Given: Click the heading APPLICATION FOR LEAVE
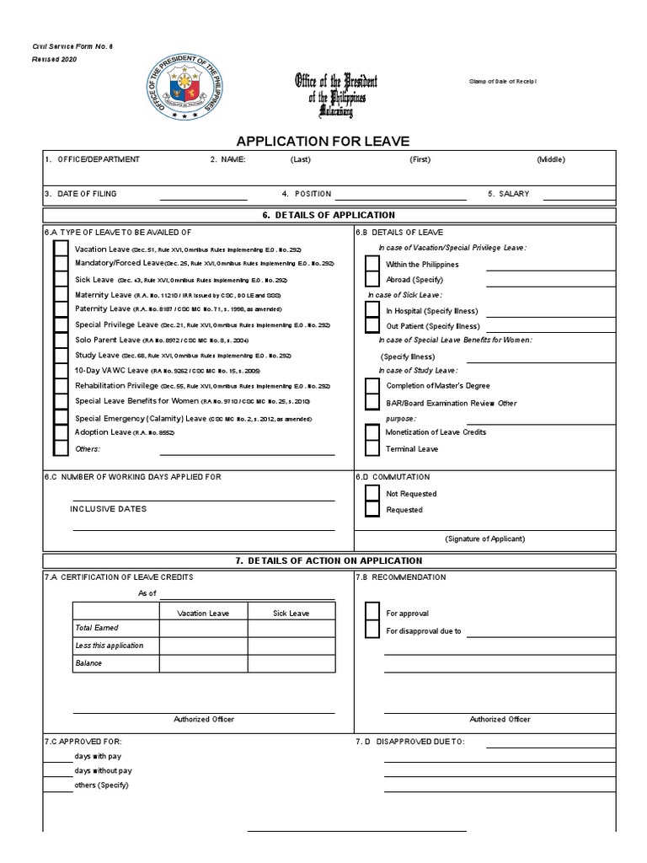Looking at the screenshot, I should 323,142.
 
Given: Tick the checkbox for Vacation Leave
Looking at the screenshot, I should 61,249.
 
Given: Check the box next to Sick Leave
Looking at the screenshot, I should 61,279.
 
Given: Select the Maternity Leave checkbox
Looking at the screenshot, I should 61,295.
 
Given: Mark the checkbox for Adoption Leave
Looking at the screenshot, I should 61,432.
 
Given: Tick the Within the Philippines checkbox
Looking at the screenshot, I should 372,264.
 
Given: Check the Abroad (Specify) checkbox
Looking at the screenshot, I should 372,279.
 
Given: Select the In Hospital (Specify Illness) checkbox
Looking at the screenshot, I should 372,310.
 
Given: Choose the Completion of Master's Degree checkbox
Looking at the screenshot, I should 372,385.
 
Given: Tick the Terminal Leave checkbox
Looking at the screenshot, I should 372,448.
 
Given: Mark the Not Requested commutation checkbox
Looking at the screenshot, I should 372,494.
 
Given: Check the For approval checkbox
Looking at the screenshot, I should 372,614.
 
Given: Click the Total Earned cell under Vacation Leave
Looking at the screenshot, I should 203,629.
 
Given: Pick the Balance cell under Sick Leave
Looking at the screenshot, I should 291,663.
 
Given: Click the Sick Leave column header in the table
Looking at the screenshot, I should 291,613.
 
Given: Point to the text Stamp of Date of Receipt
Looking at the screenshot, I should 502,81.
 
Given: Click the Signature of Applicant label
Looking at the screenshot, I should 484,539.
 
